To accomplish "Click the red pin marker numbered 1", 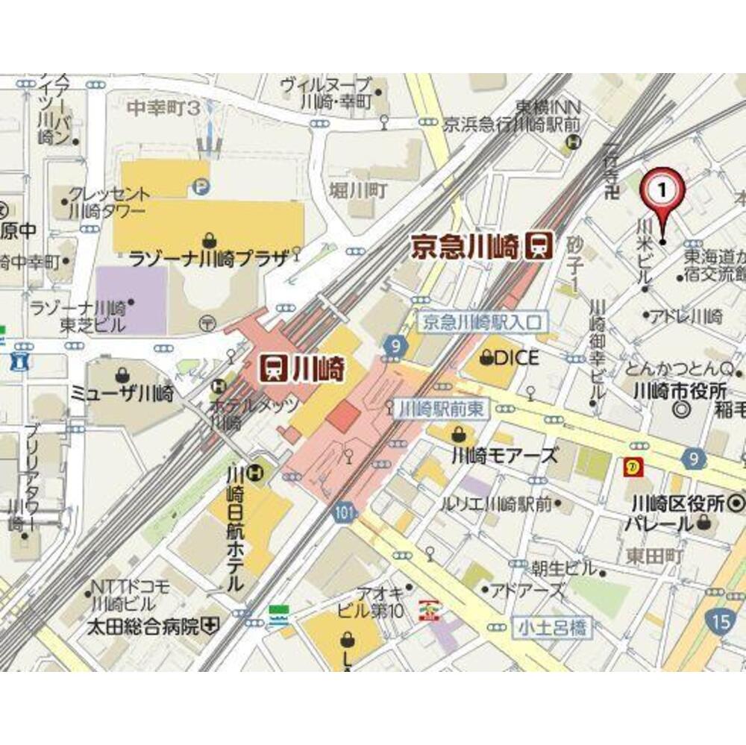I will [662, 191].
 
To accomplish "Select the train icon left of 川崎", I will [274, 366].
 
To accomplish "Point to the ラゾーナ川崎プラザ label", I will [209, 260].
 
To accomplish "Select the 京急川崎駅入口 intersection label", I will [482, 322].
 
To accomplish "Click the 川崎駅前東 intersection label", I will [438, 408].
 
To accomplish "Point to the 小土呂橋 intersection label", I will [551, 629].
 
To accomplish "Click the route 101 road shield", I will [343, 514].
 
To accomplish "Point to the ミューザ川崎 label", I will [122, 394].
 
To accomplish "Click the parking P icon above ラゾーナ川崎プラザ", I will [200, 186].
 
